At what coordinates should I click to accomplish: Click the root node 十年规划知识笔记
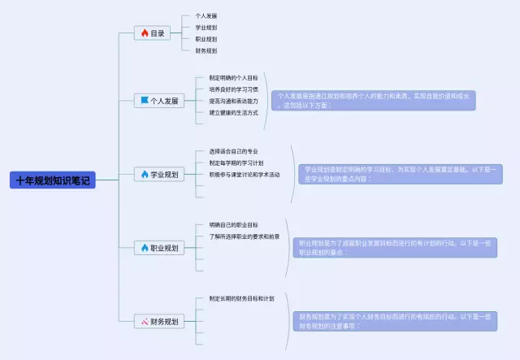[x=53, y=180]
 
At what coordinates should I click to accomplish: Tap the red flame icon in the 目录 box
[x=145, y=33]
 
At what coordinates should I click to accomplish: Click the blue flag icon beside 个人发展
[x=145, y=102]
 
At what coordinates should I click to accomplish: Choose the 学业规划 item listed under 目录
[x=206, y=28]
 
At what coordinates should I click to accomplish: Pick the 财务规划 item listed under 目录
[x=206, y=50]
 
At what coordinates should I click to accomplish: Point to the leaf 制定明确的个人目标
[x=233, y=78]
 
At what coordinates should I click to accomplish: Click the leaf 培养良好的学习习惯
[x=233, y=89]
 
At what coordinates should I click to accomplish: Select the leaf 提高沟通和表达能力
[x=233, y=101]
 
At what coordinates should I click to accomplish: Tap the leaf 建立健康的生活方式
[x=233, y=112]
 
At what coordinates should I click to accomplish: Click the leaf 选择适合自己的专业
[x=233, y=151]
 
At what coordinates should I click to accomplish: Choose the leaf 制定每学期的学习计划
[x=236, y=163]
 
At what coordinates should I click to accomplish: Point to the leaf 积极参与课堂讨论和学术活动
[x=244, y=174]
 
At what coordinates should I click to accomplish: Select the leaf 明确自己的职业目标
[x=233, y=224]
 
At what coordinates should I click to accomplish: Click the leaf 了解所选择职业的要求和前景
[x=244, y=236]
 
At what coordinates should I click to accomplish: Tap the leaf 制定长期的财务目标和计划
[x=241, y=298]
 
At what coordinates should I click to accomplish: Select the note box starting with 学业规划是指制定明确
[x=397, y=174]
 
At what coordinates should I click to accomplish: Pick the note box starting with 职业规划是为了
[x=395, y=248]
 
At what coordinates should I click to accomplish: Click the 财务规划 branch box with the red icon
[x=159, y=322]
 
